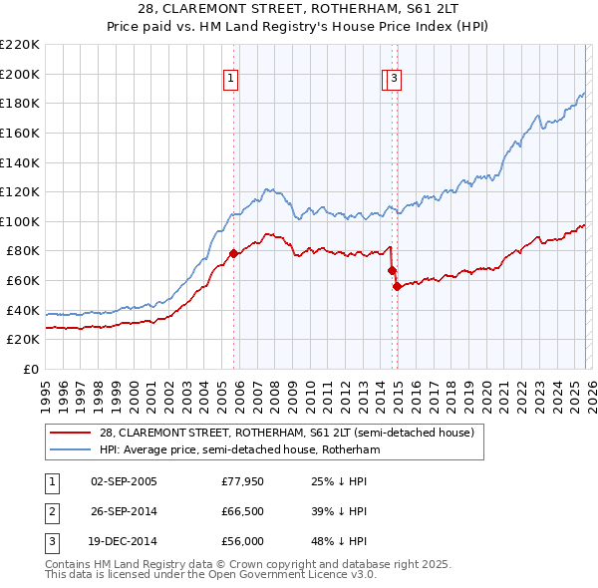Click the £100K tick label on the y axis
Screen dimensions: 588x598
[x=20, y=221]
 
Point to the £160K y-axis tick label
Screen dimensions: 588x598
[x=20, y=133]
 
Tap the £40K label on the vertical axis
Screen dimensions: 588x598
[x=23, y=310]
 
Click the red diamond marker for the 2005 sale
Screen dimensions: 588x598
[x=233, y=253]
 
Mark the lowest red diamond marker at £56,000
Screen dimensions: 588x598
[x=397, y=286]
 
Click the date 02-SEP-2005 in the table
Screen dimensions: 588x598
[x=124, y=481]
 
